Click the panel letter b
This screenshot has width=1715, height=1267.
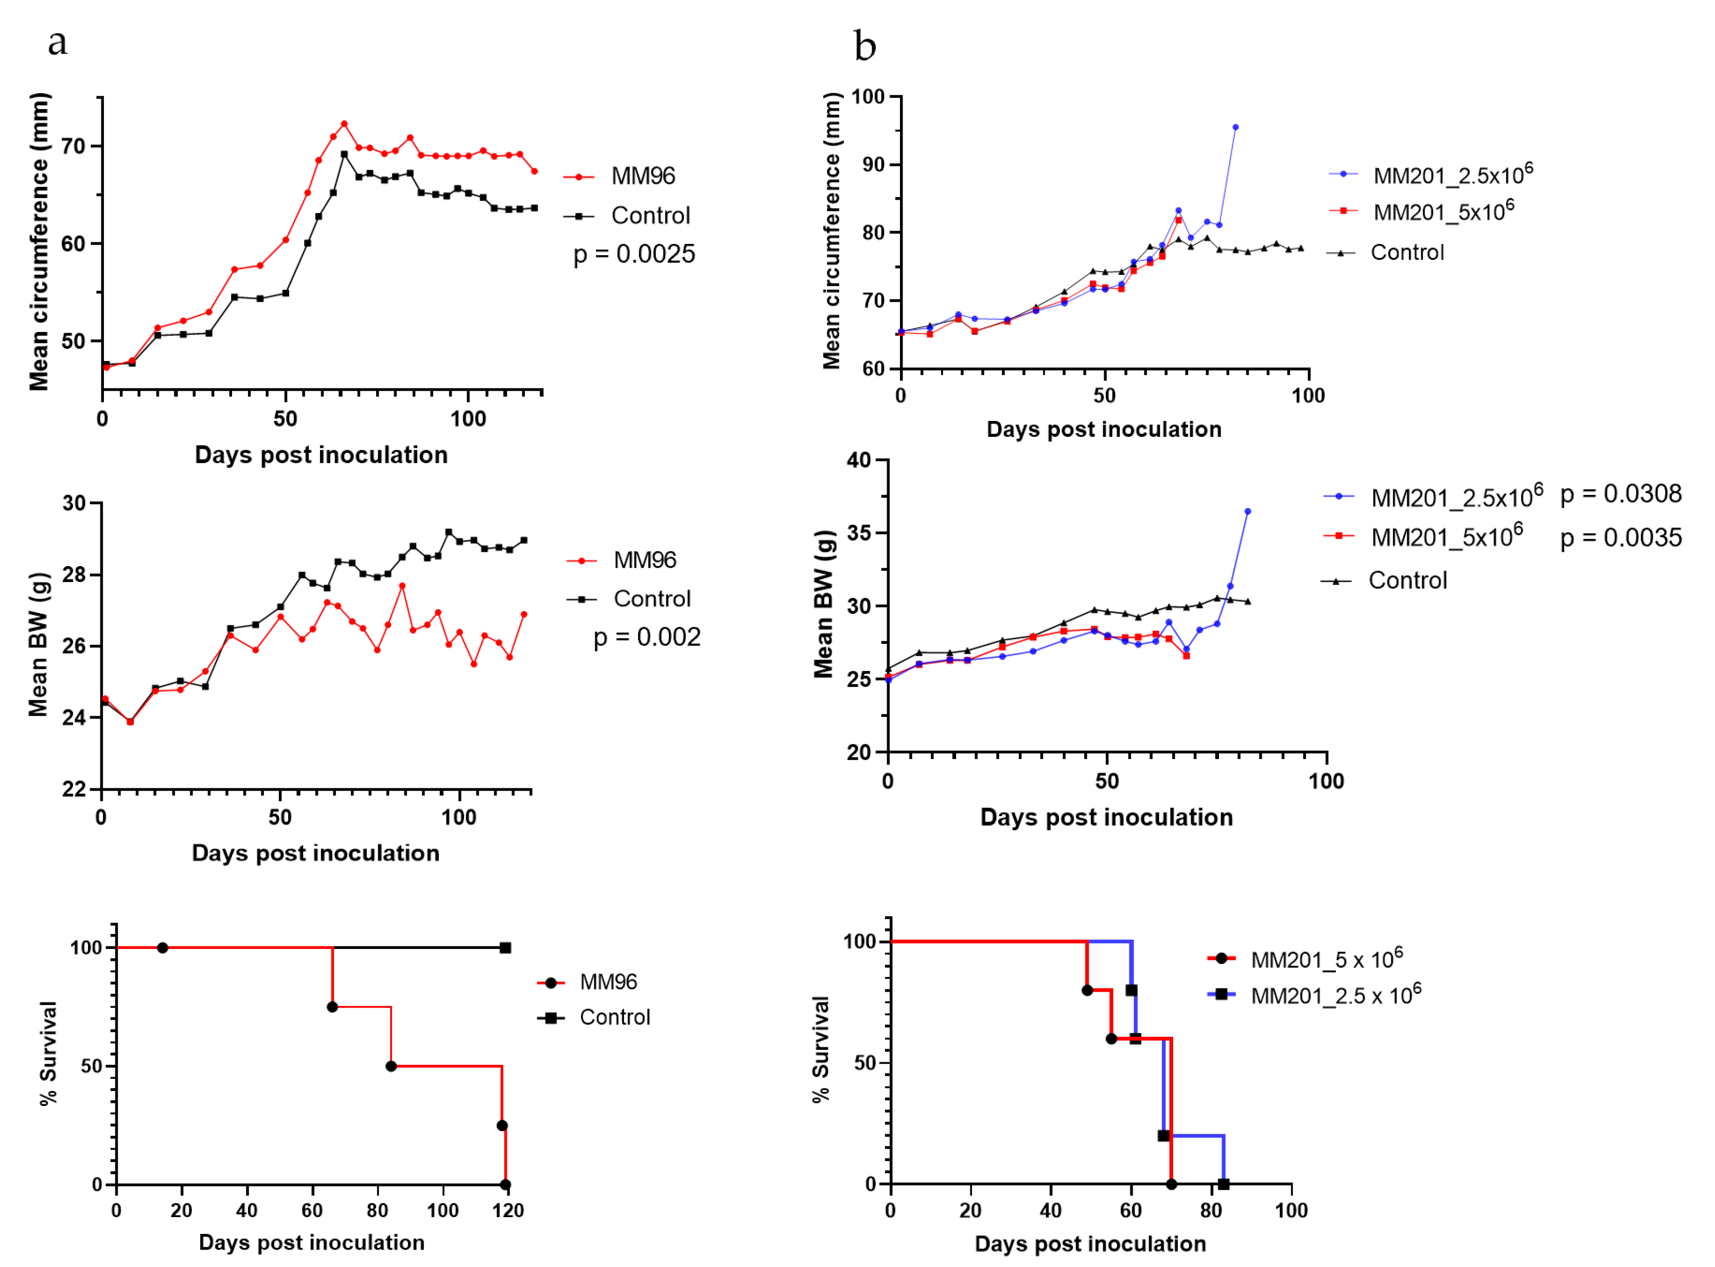coord(865,46)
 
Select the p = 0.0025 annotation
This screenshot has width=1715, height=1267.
coord(634,254)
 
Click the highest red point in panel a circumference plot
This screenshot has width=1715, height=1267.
coord(344,124)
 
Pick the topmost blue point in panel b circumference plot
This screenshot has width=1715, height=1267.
coord(1235,127)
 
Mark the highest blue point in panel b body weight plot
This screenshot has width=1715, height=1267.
coord(1247,512)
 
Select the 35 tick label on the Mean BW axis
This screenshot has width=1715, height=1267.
coord(859,533)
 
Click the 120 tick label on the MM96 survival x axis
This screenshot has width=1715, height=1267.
coord(507,1211)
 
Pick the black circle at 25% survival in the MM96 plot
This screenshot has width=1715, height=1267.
coord(502,1126)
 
